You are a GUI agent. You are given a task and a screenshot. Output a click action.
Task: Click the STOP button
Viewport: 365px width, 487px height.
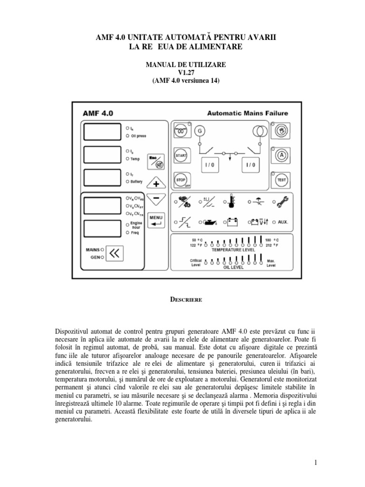pos(180,181)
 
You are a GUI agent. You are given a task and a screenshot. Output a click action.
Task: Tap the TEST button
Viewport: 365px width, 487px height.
pos(280,180)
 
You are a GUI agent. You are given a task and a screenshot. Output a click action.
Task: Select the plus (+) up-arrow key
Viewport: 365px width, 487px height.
pos(156,183)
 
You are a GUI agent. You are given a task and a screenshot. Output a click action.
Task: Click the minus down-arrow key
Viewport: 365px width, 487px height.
pos(156,200)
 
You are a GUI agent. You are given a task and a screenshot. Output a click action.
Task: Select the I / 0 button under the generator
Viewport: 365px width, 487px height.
pos(210,166)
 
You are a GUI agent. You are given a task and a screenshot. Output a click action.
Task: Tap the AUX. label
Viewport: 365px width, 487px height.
pos(283,222)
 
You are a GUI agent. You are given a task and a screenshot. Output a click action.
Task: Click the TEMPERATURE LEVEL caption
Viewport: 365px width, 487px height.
pos(233,249)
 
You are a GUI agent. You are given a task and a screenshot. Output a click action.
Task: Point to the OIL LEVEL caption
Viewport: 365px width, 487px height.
pos(233,267)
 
